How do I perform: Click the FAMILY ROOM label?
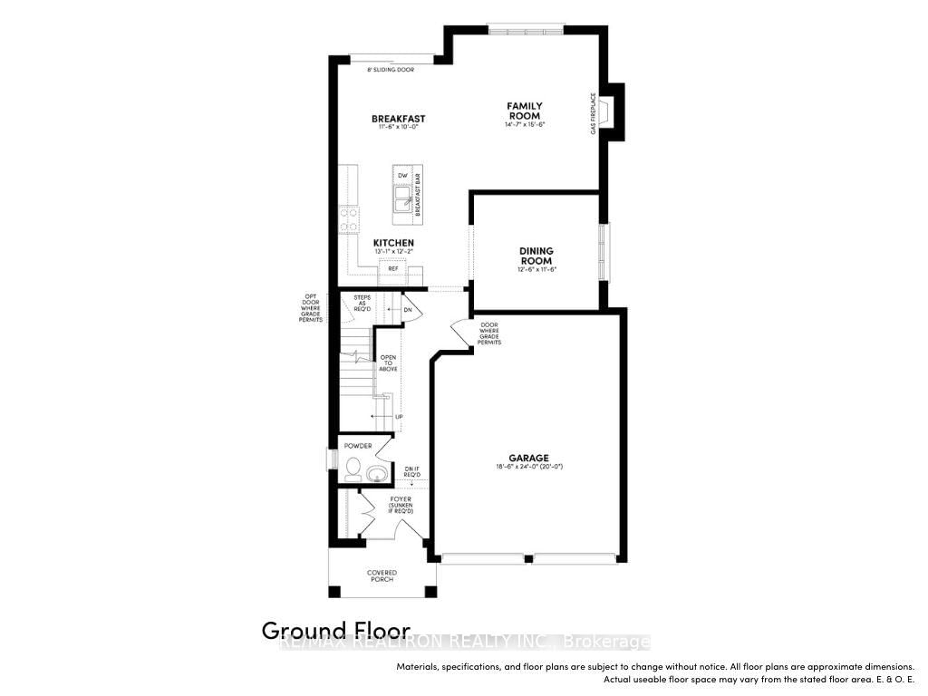[x=524, y=111]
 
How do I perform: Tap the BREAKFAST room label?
[x=398, y=119]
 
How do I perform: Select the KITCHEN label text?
[x=393, y=243]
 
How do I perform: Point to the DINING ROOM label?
[x=536, y=256]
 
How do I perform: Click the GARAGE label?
[x=525, y=458]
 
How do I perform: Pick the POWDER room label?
[x=357, y=446]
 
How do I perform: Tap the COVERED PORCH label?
[x=382, y=576]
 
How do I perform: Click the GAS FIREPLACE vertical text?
[x=594, y=114]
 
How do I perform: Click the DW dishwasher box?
[x=402, y=175]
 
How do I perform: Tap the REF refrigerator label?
[x=393, y=268]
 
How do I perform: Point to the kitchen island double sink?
[x=401, y=197]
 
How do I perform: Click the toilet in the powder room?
[x=353, y=470]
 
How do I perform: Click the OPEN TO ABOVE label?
[x=388, y=362]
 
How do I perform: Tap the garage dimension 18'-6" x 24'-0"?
[x=525, y=467]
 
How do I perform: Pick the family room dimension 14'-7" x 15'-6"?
[x=524, y=124]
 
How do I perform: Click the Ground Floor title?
[x=335, y=630]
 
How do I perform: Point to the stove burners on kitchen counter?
[x=349, y=218]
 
